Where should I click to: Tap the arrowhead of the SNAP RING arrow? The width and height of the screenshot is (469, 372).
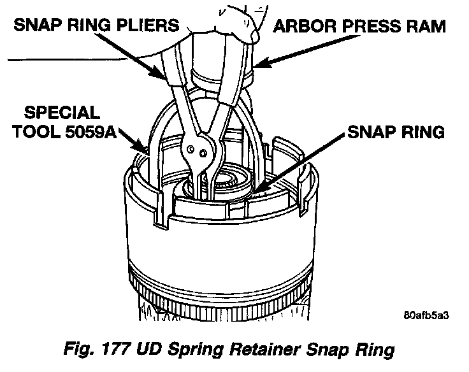coord(257,189)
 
